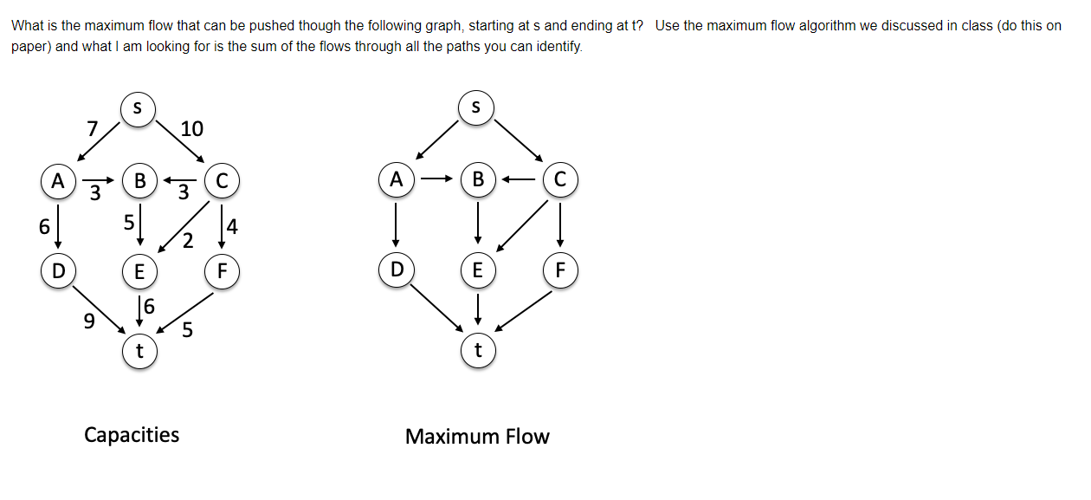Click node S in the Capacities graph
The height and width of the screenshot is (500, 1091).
(138, 109)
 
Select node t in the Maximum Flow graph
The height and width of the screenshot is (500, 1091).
(477, 351)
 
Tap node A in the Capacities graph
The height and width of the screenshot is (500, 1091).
(57, 181)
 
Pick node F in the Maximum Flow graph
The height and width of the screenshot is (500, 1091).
(559, 270)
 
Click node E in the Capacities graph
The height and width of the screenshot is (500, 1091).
(138, 270)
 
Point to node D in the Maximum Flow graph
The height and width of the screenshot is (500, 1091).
(396, 270)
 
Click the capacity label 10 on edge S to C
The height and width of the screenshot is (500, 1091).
(191, 129)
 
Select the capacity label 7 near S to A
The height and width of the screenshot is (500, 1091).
(93, 129)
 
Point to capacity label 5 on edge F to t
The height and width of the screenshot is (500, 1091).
(188, 330)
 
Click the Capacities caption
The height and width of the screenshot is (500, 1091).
(132, 434)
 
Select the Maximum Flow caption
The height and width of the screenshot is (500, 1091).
(477, 436)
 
